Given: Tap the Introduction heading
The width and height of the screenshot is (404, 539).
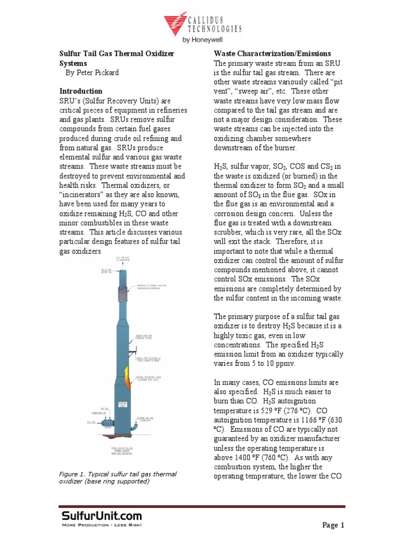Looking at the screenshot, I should point(80,91).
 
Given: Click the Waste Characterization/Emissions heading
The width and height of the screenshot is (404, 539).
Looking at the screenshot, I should point(272,54).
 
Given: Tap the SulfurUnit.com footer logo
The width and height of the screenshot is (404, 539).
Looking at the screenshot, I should point(100,517).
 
